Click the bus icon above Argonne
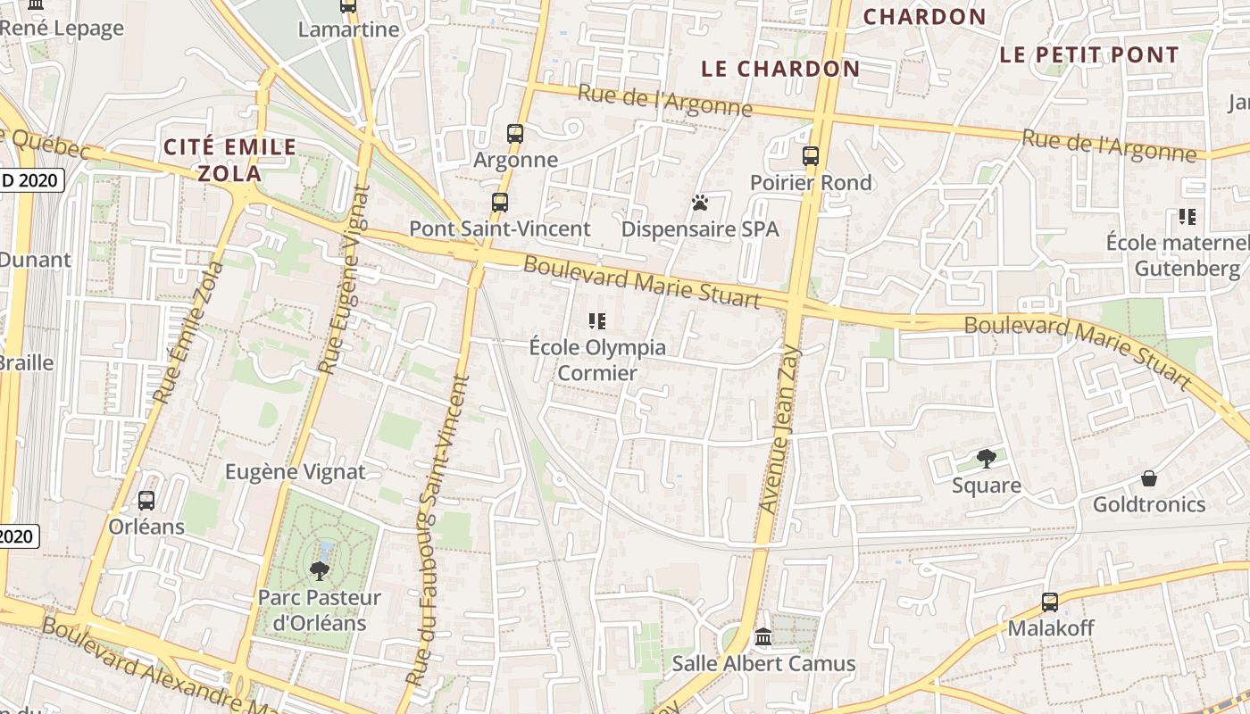coord(515,134)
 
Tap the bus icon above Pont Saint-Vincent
coord(500,203)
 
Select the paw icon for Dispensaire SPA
coord(700,203)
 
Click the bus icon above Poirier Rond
coord(811,156)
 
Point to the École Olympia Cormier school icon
coord(597,320)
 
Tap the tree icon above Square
coord(987,459)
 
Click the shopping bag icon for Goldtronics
coord(1149,478)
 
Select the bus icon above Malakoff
coord(1050,602)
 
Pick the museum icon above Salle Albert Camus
coord(763,637)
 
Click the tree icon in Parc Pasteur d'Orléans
coord(319,570)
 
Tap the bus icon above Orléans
coord(146,501)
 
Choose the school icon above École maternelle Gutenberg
coord(1187,216)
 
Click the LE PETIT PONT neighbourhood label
coord(1089,54)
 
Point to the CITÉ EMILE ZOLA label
coord(229,160)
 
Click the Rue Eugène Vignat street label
coord(345,278)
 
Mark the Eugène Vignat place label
coord(296,471)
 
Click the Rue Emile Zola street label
coord(189,331)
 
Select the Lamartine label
coord(348,29)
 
